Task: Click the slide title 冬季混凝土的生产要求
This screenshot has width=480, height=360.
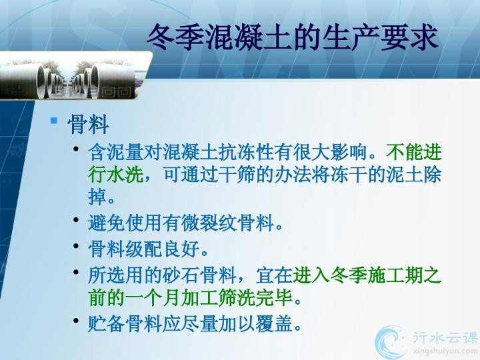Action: coord(293,37)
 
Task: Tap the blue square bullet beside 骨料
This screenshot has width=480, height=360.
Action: coord(54,121)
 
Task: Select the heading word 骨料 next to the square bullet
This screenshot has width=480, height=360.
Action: coord(88,124)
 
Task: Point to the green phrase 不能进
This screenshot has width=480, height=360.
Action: coord(413,152)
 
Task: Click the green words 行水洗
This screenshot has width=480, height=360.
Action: coord(116,175)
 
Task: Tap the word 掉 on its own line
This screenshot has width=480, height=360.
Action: coord(97,197)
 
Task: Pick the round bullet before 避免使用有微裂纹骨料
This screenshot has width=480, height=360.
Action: coord(77,220)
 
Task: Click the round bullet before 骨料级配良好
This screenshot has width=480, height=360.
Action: coord(77,246)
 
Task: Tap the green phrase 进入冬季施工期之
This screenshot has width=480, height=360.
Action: coord(367,275)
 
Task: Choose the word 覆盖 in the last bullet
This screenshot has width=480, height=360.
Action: coord(274,323)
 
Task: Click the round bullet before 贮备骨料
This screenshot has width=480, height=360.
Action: coord(77,321)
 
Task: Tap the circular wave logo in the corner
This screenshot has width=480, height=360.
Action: coord(389,342)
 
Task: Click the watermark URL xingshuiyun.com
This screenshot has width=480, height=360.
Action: coord(445,351)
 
